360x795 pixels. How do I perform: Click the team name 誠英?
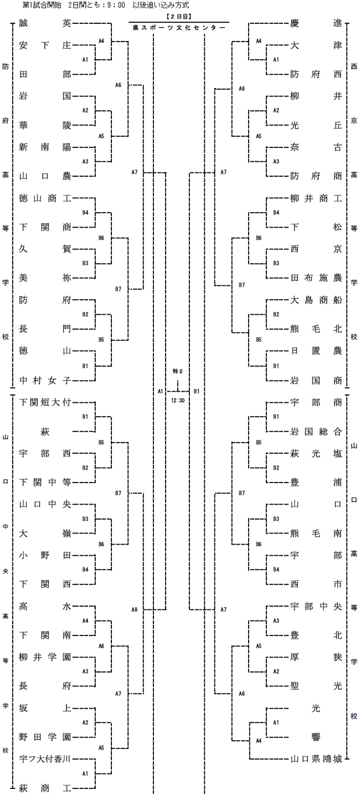(45, 23)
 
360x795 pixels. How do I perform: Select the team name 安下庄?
(45, 45)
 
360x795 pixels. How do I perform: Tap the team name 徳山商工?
(45, 198)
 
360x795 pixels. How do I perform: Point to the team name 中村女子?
(45, 381)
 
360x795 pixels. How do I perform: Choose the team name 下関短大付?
(45, 402)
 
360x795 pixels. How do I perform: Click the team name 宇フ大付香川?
(45, 759)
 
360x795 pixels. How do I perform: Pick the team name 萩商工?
(45, 788)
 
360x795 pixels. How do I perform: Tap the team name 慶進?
(316, 23)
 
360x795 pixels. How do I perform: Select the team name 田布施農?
(316, 278)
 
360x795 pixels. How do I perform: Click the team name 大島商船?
(316, 300)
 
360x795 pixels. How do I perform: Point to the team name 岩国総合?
(316, 432)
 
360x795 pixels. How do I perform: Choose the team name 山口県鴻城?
(316, 759)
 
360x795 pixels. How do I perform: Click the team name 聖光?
(316, 686)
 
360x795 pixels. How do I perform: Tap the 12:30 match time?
(178, 401)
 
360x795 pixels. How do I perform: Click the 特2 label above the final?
(178, 371)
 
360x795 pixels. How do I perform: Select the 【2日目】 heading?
(179, 16)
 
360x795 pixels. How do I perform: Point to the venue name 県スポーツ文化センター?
(179, 28)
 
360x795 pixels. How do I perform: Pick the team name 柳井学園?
(45, 657)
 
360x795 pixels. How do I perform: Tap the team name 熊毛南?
(316, 534)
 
